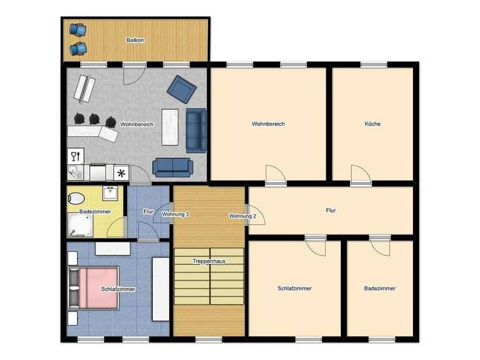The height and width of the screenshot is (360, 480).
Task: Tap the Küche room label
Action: pyautogui.click(x=372, y=124)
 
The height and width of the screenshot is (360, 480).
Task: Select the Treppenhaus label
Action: pyautogui.click(x=208, y=260)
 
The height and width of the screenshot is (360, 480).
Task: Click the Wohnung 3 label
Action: pyautogui.click(x=175, y=214)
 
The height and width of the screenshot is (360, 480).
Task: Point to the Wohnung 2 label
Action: pyautogui.click(x=242, y=216)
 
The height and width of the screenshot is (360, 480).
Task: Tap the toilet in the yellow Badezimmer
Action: pyautogui.click(x=76, y=199)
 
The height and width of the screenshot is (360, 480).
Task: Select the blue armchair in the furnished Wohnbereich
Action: pyautogui.click(x=180, y=88)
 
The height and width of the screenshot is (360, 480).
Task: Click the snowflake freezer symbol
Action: pyautogui.click(x=121, y=173)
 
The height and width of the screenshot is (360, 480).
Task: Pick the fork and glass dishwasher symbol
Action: pyautogui.click(x=74, y=157)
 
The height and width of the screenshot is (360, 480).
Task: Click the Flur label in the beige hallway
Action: pyautogui.click(x=331, y=211)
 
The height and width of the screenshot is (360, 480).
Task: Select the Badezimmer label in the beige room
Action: pyautogui.click(x=379, y=288)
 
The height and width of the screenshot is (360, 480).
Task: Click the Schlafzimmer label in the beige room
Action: pyautogui.click(x=295, y=288)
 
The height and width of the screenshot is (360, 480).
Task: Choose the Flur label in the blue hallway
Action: pyautogui.click(x=149, y=211)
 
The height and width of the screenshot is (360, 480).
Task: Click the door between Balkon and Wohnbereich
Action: pyautogui.click(x=133, y=73)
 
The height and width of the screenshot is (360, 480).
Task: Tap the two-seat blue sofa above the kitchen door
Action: pyautogui.click(x=172, y=166)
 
